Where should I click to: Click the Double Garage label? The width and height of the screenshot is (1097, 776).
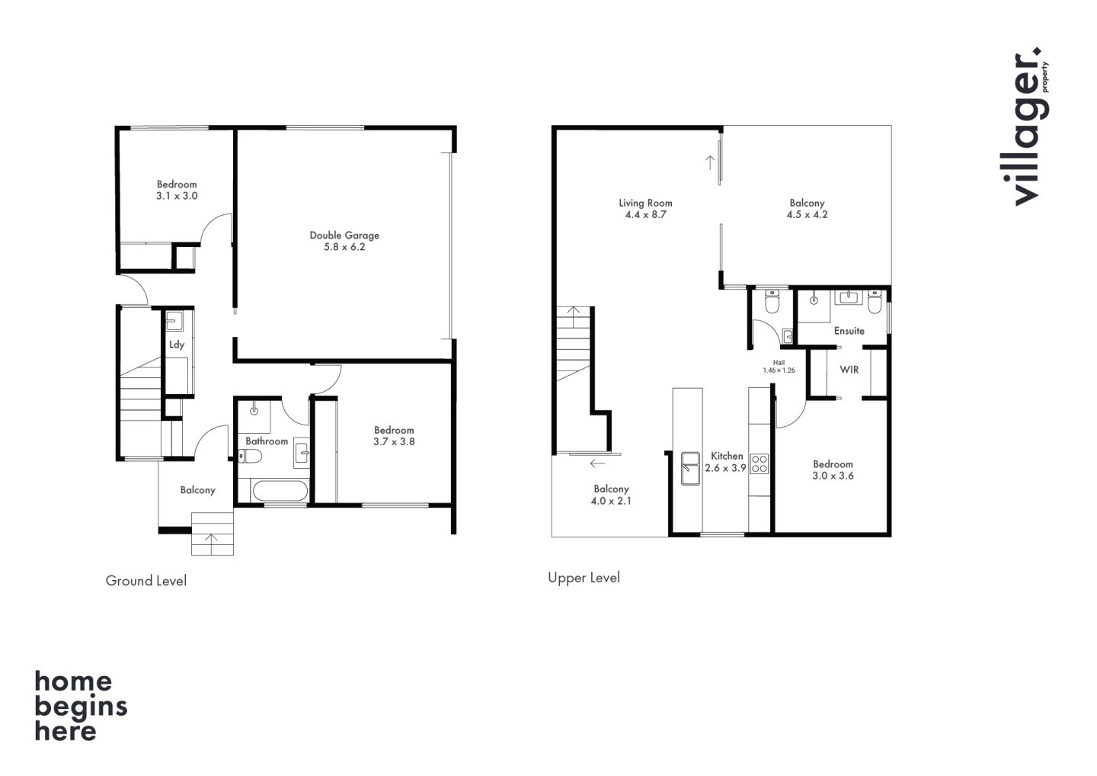[344, 235]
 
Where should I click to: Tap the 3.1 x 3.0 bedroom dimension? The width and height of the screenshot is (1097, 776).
[177, 196]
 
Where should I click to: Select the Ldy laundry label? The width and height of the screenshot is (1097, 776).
[176, 345]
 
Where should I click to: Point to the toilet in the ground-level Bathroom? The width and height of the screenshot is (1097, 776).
[250, 457]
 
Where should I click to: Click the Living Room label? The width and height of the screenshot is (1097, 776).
[645, 203]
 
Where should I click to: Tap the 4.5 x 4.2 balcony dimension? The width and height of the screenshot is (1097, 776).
[807, 214]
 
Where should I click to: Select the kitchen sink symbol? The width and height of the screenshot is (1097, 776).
[690, 468]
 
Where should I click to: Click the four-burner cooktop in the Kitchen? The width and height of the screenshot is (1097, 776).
[760, 463]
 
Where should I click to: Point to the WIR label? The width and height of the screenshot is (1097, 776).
[849, 370]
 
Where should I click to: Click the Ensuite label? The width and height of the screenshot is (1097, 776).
[849, 331]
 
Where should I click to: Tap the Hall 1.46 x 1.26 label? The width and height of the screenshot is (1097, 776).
[779, 367]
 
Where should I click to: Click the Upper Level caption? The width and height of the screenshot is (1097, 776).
[584, 578]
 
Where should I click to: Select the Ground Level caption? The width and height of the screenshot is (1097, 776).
[146, 581]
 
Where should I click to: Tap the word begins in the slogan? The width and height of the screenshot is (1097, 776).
[81, 708]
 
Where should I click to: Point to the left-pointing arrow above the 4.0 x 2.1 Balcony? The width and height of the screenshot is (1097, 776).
[597, 463]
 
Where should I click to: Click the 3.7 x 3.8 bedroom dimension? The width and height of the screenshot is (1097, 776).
[394, 442]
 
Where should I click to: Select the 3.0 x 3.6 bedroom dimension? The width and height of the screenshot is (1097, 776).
[833, 476]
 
